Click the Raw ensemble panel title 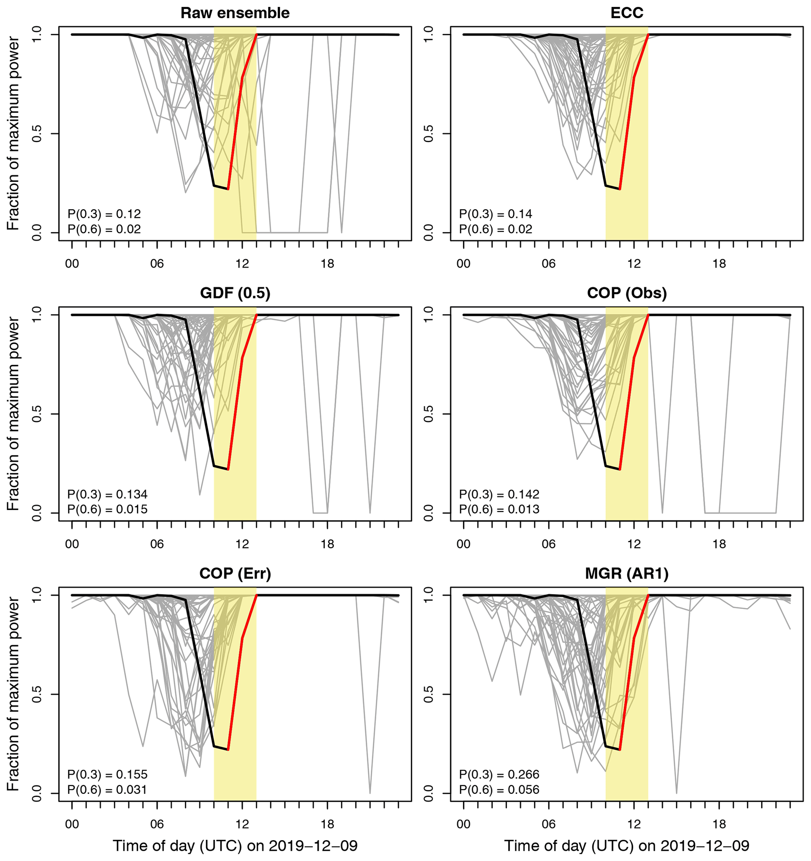pyautogui.click(x=235, y=13)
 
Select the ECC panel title pyautogui.click(x=626, y=13)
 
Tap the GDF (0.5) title pyautogui.click(x=235, y=293)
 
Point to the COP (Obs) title pyautogui.click(x=626, y=293)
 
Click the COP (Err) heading pyautogui.click(x=235, y=574)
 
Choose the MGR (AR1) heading pyautogui.click(x=626, y=574)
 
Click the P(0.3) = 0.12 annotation pyautogui.click(x=104, y=214)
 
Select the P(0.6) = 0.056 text pyautogui.click(x=499, y=790)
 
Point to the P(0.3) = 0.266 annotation pyautogui.click(x=499, y=774)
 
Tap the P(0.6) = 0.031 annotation pyautogui.click(x=108, y=790)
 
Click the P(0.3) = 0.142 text pyautogui.click(x=499, y=494)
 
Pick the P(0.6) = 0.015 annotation pyautogui.click(x=108, y=509)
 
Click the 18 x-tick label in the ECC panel pyautogui.click(x=719, y=264)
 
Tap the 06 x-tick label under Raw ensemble pyautogui.click(x=157, y=264)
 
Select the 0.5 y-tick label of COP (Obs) pyautogui.click(x=428, y=414)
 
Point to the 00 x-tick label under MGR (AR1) pyautogui.click(x=463, y=824)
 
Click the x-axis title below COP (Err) pyautogui.click(x=235, y=846)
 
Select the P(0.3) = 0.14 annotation pyautogui.click(x=496, y=214)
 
